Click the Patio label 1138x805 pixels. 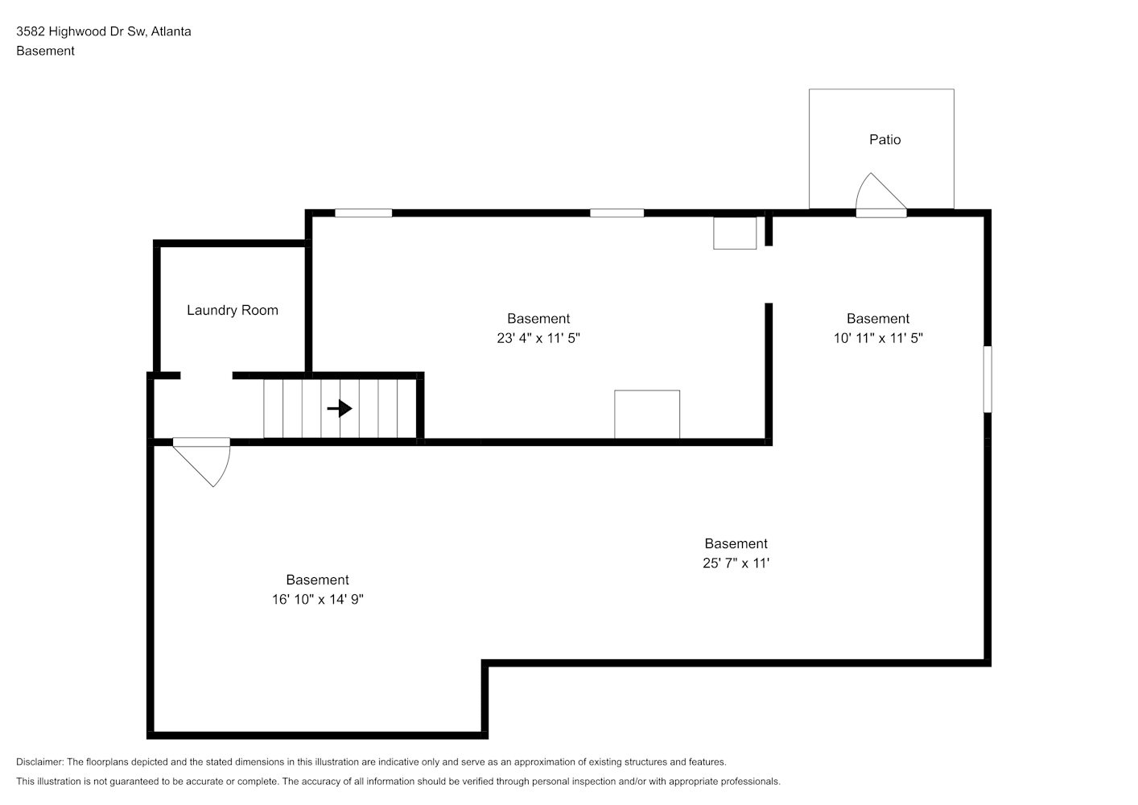pos(884,140)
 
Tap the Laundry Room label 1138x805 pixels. pos(232,310)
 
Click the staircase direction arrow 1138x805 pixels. pos(340,408)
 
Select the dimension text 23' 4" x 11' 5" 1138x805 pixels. pos(538,338)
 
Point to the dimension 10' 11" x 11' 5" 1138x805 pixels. pos(878,338)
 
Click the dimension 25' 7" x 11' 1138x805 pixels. pos(736,563)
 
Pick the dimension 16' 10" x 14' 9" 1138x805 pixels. pos(318,600)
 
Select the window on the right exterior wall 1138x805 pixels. pos(988,379)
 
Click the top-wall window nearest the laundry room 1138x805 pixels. pos(363,213)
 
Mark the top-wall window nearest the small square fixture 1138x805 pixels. pos(616,213)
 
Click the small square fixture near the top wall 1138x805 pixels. pos(735,233)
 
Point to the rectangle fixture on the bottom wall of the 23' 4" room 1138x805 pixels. pos(647,415)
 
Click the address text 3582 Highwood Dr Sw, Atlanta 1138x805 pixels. pos(104,31)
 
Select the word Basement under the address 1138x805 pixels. pos(45,51)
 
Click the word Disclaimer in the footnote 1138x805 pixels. pos(40,762)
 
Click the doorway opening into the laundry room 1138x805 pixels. pos(206,376)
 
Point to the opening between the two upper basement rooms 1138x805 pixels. pos(769,275)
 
